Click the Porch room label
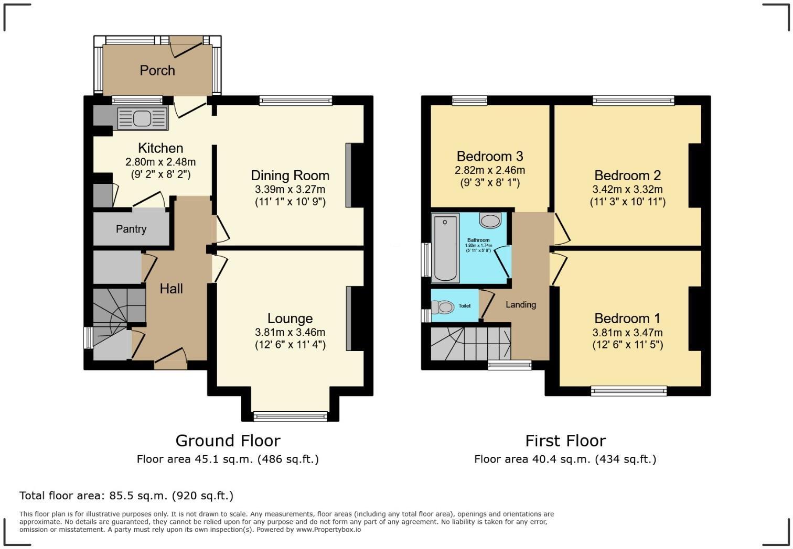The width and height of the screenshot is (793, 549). (157, 70)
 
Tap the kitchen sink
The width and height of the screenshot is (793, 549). (142, 118)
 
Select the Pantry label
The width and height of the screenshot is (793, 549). (131, 229)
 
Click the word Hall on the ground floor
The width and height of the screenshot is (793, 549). (171, 289)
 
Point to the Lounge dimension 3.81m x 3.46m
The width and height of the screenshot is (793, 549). (290, 332)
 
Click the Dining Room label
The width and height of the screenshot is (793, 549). (290, 175)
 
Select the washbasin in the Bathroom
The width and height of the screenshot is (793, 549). (490, 221)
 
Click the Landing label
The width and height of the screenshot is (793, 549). (520, 304)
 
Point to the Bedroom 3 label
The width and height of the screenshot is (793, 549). (489, 156)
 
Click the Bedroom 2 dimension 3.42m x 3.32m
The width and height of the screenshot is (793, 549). (627, 189)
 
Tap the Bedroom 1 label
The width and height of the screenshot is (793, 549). (627, 319)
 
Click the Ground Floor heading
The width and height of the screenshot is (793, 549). (228, 441)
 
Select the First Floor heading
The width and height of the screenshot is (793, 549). (565, 441)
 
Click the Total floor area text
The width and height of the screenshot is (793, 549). (126, 496)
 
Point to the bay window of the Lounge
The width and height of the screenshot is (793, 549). (290, 416)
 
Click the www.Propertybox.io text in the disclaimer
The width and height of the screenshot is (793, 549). (328, 530)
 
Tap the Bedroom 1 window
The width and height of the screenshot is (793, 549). (628, 390)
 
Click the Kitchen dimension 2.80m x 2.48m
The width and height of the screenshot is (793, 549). (160, 162)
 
